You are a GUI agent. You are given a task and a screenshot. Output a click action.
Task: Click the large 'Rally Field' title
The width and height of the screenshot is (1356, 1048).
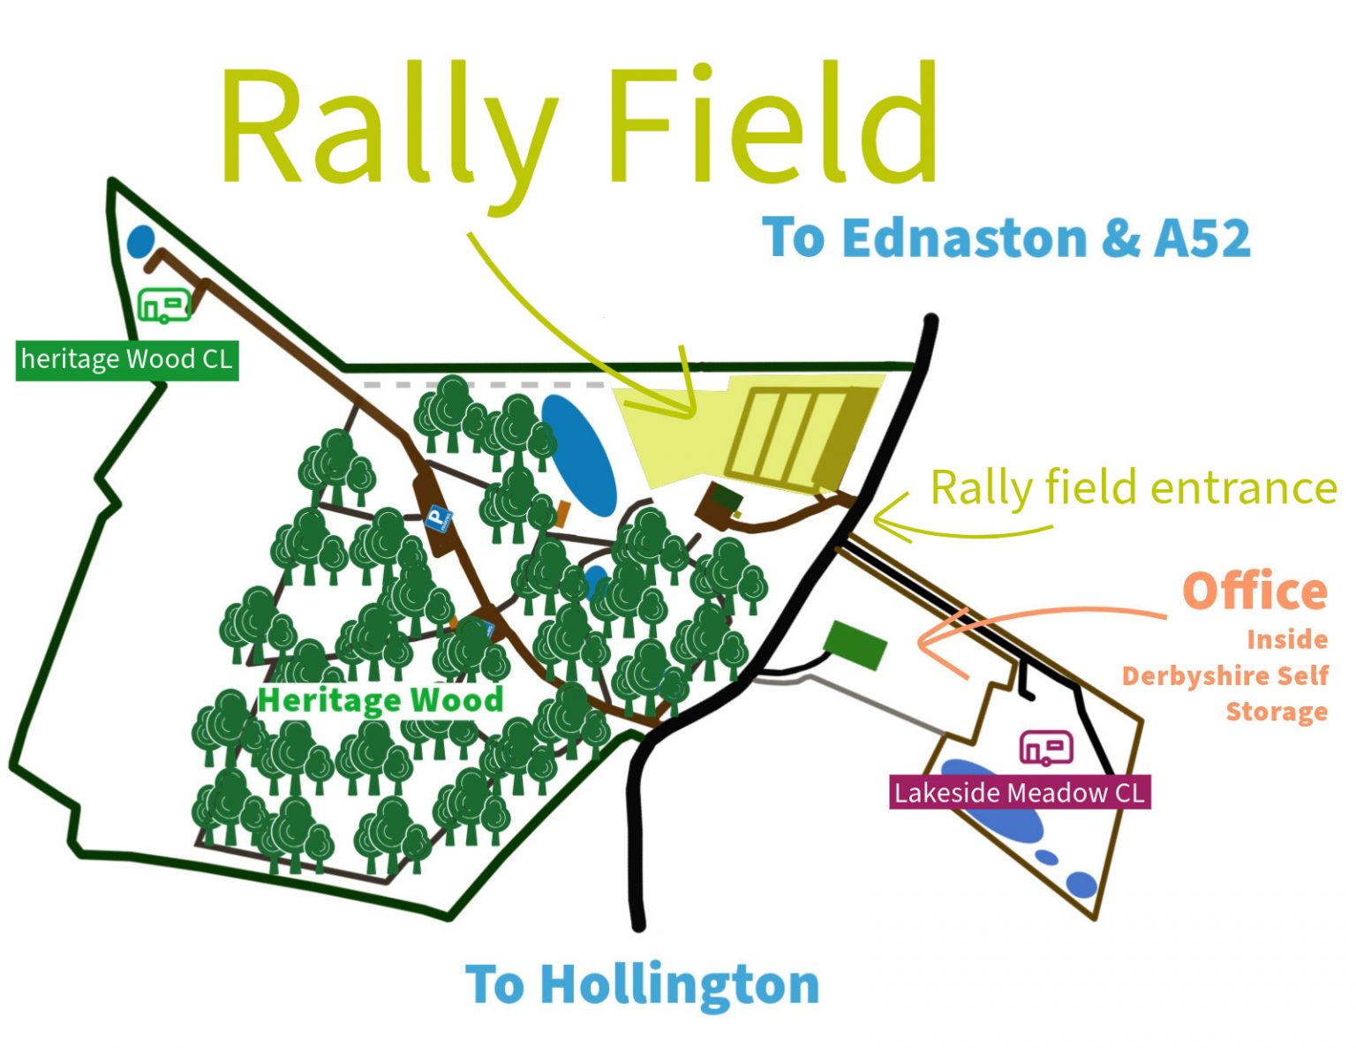coord(578,128)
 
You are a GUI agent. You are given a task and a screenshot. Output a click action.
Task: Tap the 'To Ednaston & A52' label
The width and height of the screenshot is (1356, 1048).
coord(1006,238)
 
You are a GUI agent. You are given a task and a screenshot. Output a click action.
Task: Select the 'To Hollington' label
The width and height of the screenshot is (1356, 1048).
coord(642,984)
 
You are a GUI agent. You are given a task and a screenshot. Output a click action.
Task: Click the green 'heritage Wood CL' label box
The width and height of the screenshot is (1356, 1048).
coord(127,359)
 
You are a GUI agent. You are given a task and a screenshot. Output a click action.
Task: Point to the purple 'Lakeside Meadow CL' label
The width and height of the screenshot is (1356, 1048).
coord(1019,792)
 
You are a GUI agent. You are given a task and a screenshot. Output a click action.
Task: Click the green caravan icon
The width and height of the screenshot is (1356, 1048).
coord(164,305)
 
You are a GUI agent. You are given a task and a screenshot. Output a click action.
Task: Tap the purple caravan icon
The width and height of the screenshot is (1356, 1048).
coord(1046,748)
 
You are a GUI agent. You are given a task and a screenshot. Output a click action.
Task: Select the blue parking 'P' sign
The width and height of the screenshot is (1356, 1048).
coord(437,518)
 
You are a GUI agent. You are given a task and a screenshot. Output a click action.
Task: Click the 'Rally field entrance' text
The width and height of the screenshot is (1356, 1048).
coord(1134,488)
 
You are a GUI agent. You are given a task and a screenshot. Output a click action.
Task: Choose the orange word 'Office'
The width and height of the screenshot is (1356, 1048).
coord(1254,591)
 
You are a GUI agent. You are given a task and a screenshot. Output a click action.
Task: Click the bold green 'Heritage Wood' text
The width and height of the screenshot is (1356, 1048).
coord(380,700)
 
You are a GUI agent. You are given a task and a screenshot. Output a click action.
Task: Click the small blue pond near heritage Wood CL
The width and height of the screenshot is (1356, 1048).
coord(140,241)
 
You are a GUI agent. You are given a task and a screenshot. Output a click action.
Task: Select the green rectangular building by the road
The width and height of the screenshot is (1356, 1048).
coord(855,645)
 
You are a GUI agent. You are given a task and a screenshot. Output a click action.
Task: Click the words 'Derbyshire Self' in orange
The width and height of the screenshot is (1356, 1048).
coord(1224,676)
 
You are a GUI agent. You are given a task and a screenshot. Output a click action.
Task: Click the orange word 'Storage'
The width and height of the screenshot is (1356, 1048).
coord(1277,712)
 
